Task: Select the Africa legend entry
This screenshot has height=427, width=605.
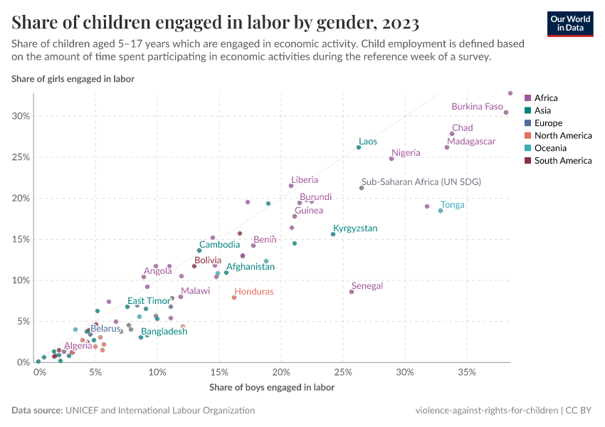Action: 546,98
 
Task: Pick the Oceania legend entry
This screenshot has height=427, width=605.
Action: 550,148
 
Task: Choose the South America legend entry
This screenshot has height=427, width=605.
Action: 562,161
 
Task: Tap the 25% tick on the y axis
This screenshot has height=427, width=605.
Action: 21,157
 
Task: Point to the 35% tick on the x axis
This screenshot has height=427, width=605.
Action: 467,372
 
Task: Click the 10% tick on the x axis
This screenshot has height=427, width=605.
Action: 158,372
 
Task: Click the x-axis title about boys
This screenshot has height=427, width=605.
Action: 271,388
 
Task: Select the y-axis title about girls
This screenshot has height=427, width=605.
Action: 73,78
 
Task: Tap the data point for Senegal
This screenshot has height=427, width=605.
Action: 351,292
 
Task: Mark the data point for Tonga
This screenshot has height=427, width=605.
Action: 441,211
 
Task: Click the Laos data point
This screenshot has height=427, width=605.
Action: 359,147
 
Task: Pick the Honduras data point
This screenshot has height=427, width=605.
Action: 234,297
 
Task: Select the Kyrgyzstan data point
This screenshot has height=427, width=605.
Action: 333,234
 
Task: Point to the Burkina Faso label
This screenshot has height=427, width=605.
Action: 477,107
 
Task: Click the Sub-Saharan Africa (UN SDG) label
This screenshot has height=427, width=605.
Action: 421,182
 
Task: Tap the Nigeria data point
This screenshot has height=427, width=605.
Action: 391,159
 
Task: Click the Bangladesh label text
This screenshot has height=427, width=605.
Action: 164,332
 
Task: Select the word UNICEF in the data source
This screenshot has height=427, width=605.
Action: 83,411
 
